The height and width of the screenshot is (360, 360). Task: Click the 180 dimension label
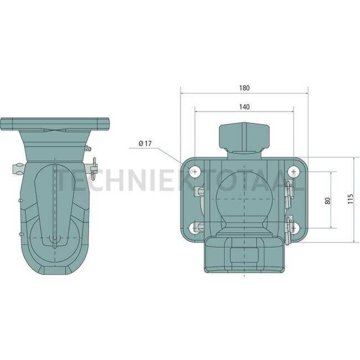244,88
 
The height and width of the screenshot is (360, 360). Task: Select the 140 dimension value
244,106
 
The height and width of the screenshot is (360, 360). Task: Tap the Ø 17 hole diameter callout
146,143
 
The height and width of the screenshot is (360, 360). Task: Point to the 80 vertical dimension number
328,200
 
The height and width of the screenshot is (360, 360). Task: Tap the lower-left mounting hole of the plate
196,227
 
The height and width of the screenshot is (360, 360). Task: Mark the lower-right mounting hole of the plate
292,227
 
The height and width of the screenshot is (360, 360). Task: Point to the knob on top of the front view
244,136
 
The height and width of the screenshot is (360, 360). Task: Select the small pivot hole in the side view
55,239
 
